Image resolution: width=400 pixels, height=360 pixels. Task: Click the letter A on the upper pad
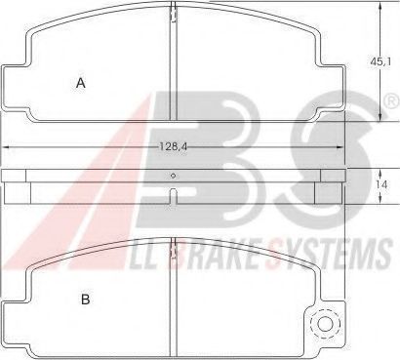[81, 83]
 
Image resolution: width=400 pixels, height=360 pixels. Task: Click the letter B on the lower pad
[85, 300]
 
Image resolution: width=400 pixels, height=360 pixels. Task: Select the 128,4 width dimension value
[174, 147]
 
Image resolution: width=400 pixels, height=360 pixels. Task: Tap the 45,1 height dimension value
[380, 61]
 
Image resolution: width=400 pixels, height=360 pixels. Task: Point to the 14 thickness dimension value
[381, 184]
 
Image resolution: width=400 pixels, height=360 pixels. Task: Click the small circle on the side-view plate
[174, 176]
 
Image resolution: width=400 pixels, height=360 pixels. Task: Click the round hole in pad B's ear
[326, 324]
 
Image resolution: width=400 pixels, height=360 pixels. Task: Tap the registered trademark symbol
[392, 101]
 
